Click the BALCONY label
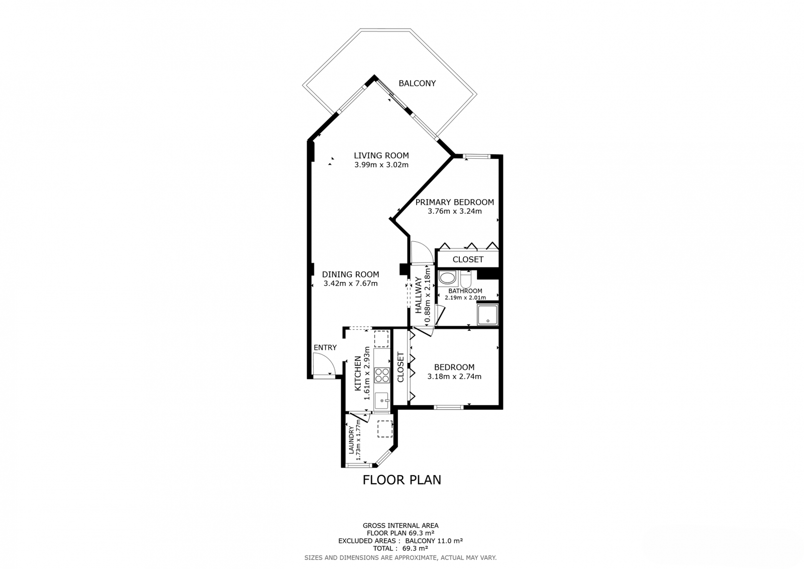point(417,83)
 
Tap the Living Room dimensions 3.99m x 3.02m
point(381,165)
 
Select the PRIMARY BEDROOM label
point(454,202)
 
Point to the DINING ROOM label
point(350,274)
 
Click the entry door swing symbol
point(323,364)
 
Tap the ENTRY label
point(325,348)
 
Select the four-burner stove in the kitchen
point(382,375)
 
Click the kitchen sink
point(382,400)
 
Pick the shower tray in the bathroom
point(487,315)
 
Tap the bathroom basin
point(447,277)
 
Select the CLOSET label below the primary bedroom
point(468,259)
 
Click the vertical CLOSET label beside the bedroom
point(400,367)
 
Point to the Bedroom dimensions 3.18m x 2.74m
point(454,376)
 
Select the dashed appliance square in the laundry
point(384,429)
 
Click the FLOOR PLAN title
point(401,480)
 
